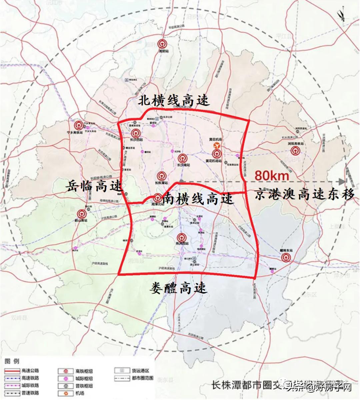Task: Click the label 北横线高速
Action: [174, 100]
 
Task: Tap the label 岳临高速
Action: [94, 185]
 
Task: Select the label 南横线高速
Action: [198, 199]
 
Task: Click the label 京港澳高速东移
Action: [304, 194]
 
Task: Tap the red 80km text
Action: [271, 175]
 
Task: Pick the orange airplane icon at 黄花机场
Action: [216, 146]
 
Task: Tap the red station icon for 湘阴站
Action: [162, 44]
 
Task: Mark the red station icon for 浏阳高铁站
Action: [294, 151]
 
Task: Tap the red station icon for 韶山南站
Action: [81, 214]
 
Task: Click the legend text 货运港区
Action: [141, 371]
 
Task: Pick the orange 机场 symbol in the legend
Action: [70, 393]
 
